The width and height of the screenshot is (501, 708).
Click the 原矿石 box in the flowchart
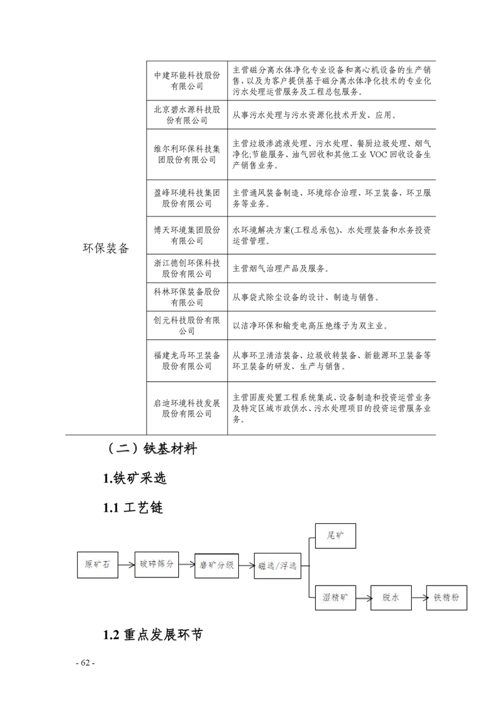coord(98,564)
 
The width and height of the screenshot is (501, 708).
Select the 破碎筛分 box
coord(157,564)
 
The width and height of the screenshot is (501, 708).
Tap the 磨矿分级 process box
coord(217,565)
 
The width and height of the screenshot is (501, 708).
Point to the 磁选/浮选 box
coord(277,566)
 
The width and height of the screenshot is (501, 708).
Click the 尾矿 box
coord(335,536)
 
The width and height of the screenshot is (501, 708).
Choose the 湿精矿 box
coord(335,598)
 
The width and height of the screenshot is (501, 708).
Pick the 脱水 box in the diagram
coord(390,598)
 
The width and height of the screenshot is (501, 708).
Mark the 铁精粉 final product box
coord(446,598)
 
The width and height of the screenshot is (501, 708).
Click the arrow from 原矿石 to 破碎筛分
coord(126,564)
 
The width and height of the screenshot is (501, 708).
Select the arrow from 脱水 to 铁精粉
coord(419,598)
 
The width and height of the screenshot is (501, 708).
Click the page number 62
coord(85,663)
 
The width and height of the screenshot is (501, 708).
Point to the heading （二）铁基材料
coord(152,449)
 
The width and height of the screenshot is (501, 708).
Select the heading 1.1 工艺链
coord(133,508)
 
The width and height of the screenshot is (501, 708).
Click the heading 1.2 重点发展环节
coord(153,635)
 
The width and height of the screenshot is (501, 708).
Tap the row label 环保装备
coord(106,249)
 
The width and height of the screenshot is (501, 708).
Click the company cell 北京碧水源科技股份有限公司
coord(187,115)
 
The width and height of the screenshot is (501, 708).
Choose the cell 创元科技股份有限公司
coord(187,325)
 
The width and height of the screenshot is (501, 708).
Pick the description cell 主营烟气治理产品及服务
coord(281,269)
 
